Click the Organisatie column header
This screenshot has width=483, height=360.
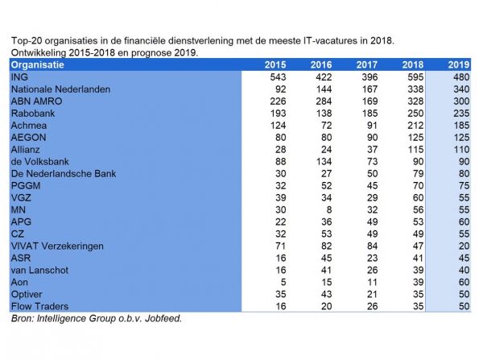pos(38,65)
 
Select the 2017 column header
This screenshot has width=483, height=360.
pos(367,64)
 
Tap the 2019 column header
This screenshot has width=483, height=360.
pos(459,64)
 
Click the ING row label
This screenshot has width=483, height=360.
pos(19,77)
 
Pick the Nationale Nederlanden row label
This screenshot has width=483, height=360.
pos(60,89)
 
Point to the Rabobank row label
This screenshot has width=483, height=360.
pos(33,114)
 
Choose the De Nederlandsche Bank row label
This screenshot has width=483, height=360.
pos(64,173)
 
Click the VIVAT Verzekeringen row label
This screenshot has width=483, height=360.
pos(57,246)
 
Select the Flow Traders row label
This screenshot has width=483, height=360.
pos(40,306)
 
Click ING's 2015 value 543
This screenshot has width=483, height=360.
pos(279,77)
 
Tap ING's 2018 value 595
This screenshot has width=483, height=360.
pos(416,77)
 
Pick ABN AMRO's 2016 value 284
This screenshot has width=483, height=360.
pos(324,101)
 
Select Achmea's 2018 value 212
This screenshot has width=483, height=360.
pos(416,126)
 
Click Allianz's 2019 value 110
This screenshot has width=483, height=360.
pos(462,150)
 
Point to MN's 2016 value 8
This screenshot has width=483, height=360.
pos(329,210)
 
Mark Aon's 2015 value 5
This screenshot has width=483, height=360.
pos(283,282)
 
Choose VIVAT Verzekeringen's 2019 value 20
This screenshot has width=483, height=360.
pos(464,246)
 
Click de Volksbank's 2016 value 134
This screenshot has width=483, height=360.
pos(324,162)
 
